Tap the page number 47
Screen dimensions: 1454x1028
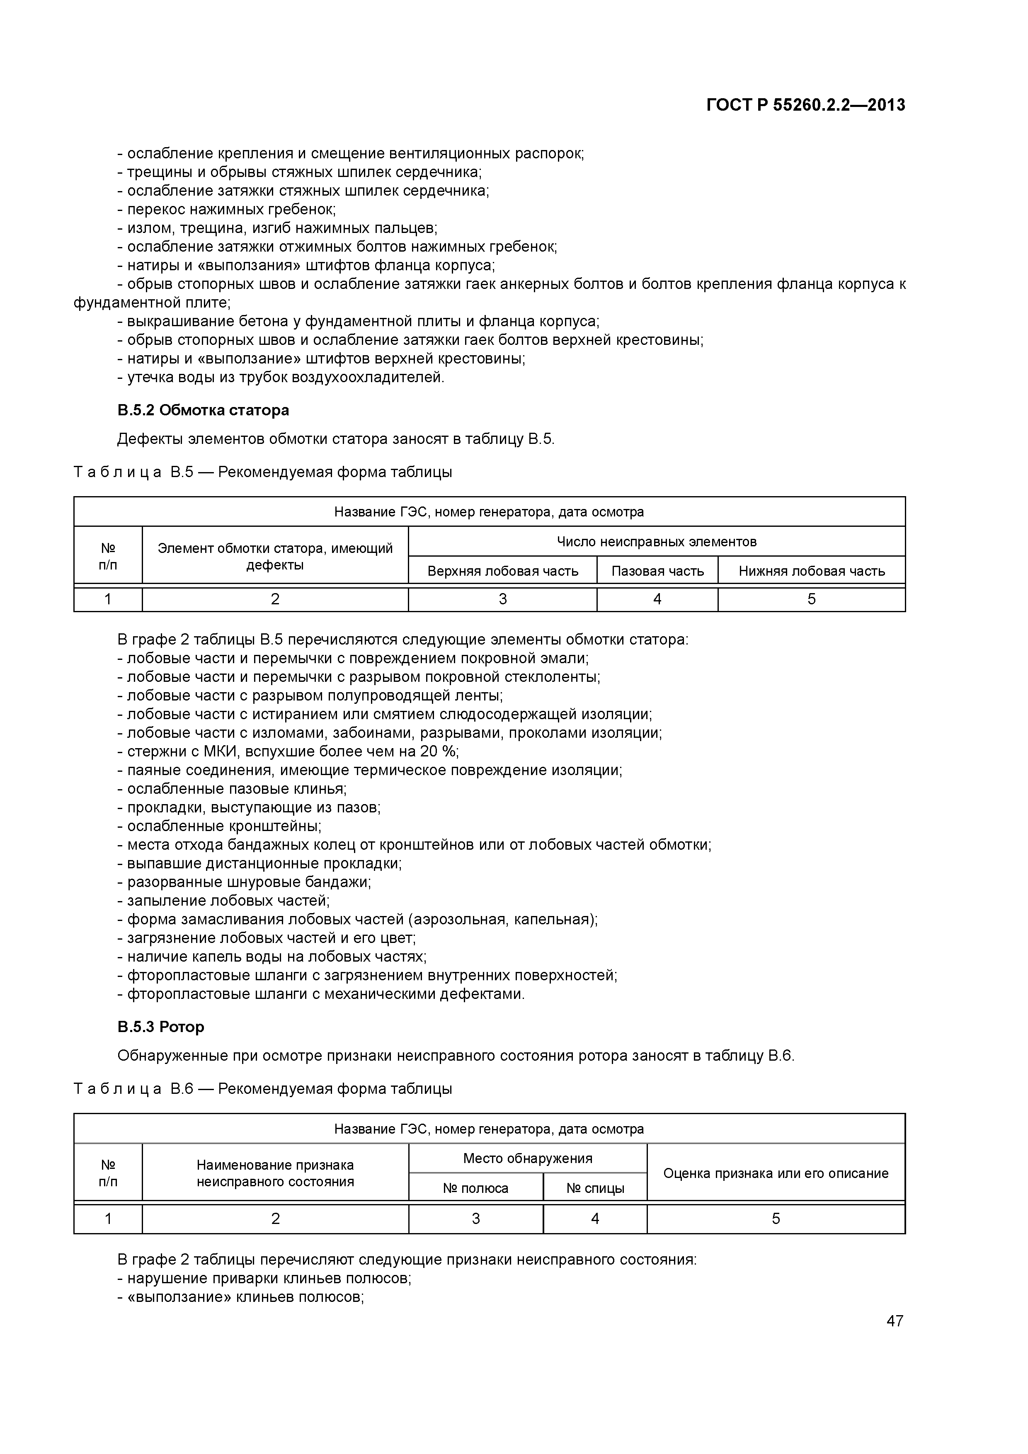[x=895, y=1321]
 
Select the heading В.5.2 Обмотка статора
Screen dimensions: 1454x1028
[x=203, y=410]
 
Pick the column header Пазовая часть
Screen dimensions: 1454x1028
[x=657, y=571]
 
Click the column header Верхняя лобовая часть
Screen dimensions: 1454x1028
[x=502, y=571]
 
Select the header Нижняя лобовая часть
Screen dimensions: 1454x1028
[x=811, y=571]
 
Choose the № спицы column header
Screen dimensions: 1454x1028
[x=595, y=1188]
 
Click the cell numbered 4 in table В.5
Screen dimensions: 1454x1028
[x=657, y=599]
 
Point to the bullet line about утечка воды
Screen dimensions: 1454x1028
[x=285, y=378]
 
